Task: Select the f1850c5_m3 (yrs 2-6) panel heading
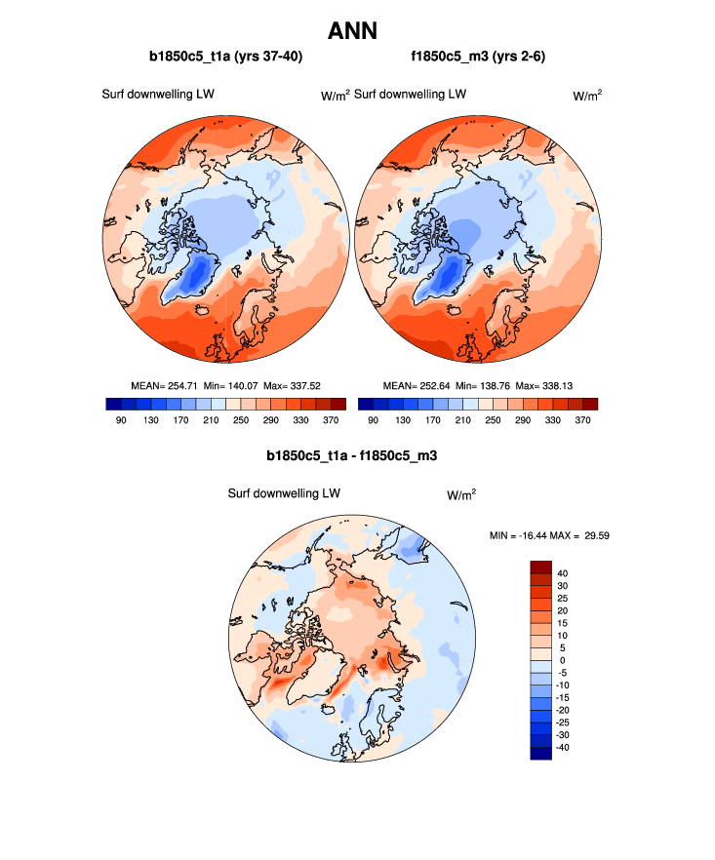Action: pyautogui.click(x=478, y=58)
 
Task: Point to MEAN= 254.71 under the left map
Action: pyautogui.click(x=164, y=385)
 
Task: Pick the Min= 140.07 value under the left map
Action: pyautogui.click(x=230, y=385)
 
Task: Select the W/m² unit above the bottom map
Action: pyautogui.click(x=461, y=495)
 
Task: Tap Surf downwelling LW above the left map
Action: pyautogui.click(x=158, y=95)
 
